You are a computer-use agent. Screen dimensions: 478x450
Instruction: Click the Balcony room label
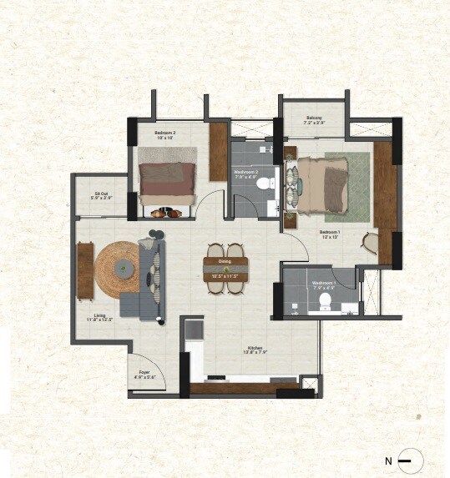pos(314,118)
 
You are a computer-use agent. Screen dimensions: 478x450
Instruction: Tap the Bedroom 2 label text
pos(164,133)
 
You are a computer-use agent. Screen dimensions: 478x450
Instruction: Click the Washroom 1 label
pos(324,284)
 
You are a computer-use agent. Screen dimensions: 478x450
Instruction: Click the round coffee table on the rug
pos(124,267)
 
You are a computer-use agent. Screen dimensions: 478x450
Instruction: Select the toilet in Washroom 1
pos(326,304)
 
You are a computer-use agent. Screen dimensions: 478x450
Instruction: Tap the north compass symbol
pos(410,460)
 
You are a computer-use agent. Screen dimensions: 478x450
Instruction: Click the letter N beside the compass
pos(388,460)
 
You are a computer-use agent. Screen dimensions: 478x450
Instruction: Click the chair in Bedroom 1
pos(370,242)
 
